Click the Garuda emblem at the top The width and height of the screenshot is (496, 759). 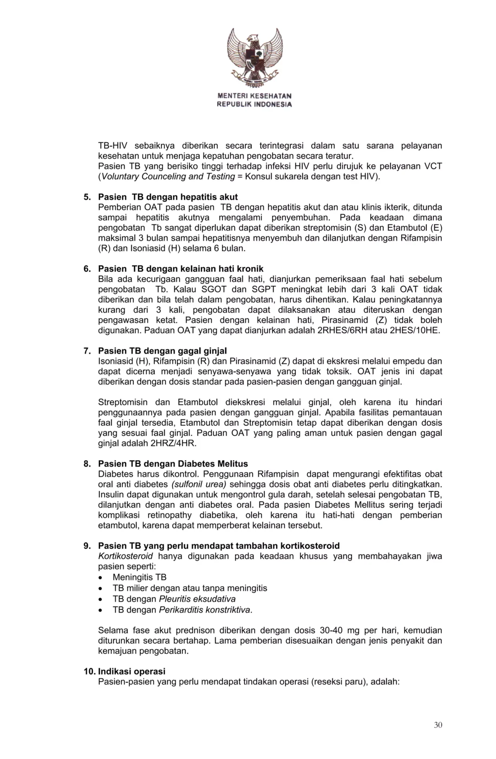(x=255, y=55)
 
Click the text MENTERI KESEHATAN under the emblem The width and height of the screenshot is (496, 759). (x=255, y=96)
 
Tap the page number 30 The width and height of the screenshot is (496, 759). (x=438, y=725)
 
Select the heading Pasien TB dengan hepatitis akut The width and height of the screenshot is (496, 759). (x=168, y=197)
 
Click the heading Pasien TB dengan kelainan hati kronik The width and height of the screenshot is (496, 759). (x=181, y=269)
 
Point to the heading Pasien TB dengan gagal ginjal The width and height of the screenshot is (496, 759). (x=162, y=351)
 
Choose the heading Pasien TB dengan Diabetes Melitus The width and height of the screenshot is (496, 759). (x=173, y=464)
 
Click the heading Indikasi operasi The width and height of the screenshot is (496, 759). (x=131, y=671)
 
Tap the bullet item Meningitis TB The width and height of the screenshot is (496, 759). (x=139, y=577)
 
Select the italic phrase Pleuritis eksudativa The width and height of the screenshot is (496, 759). (x=197, y=599)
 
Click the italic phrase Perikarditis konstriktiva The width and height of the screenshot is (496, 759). (x=205, y=609)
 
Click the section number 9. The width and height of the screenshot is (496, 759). (x=87, y=546)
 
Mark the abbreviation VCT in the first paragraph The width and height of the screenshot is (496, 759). (x=433, y=166)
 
